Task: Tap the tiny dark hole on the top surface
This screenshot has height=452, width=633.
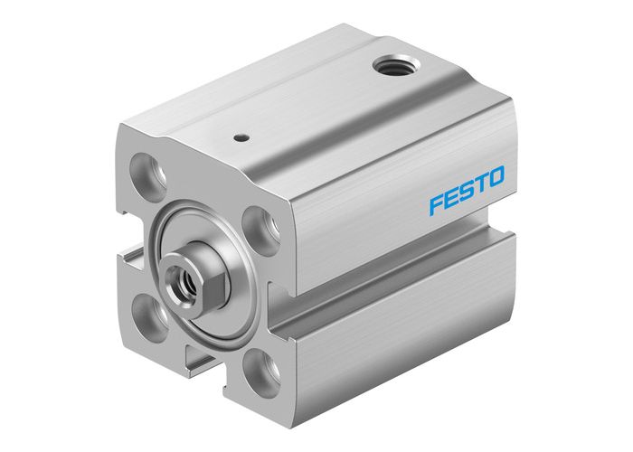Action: point(241,137)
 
